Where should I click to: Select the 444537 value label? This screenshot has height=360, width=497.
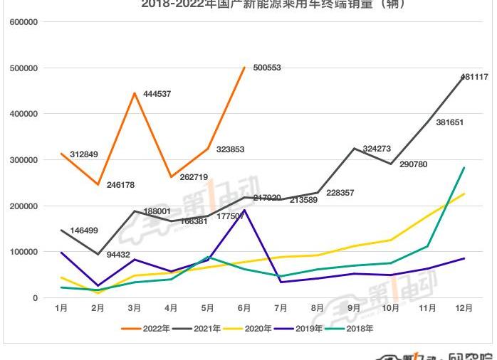pyautogui.click(x=156, y=94)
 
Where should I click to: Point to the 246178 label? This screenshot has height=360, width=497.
pyautogui.click(x=120, y=185)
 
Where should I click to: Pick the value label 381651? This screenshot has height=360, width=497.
pyautogui.click(x=449, y=122)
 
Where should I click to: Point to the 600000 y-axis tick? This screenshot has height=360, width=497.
pyautogui.click(x=24, y=22)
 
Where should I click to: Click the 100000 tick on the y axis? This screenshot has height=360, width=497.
pyautogui.click(x=24, y=252)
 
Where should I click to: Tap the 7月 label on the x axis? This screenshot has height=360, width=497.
pyautogui.click(x=281, y=308)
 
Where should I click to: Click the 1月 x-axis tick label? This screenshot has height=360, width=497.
pyautogui.click(x=61, y=308)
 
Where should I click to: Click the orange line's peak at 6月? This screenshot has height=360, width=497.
pyautogui.click(x=244, y=68)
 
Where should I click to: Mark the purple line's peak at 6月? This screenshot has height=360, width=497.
pyautogui.click(x=244, y=210)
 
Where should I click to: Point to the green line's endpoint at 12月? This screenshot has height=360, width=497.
pyautogui.click(x=464, y=168)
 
